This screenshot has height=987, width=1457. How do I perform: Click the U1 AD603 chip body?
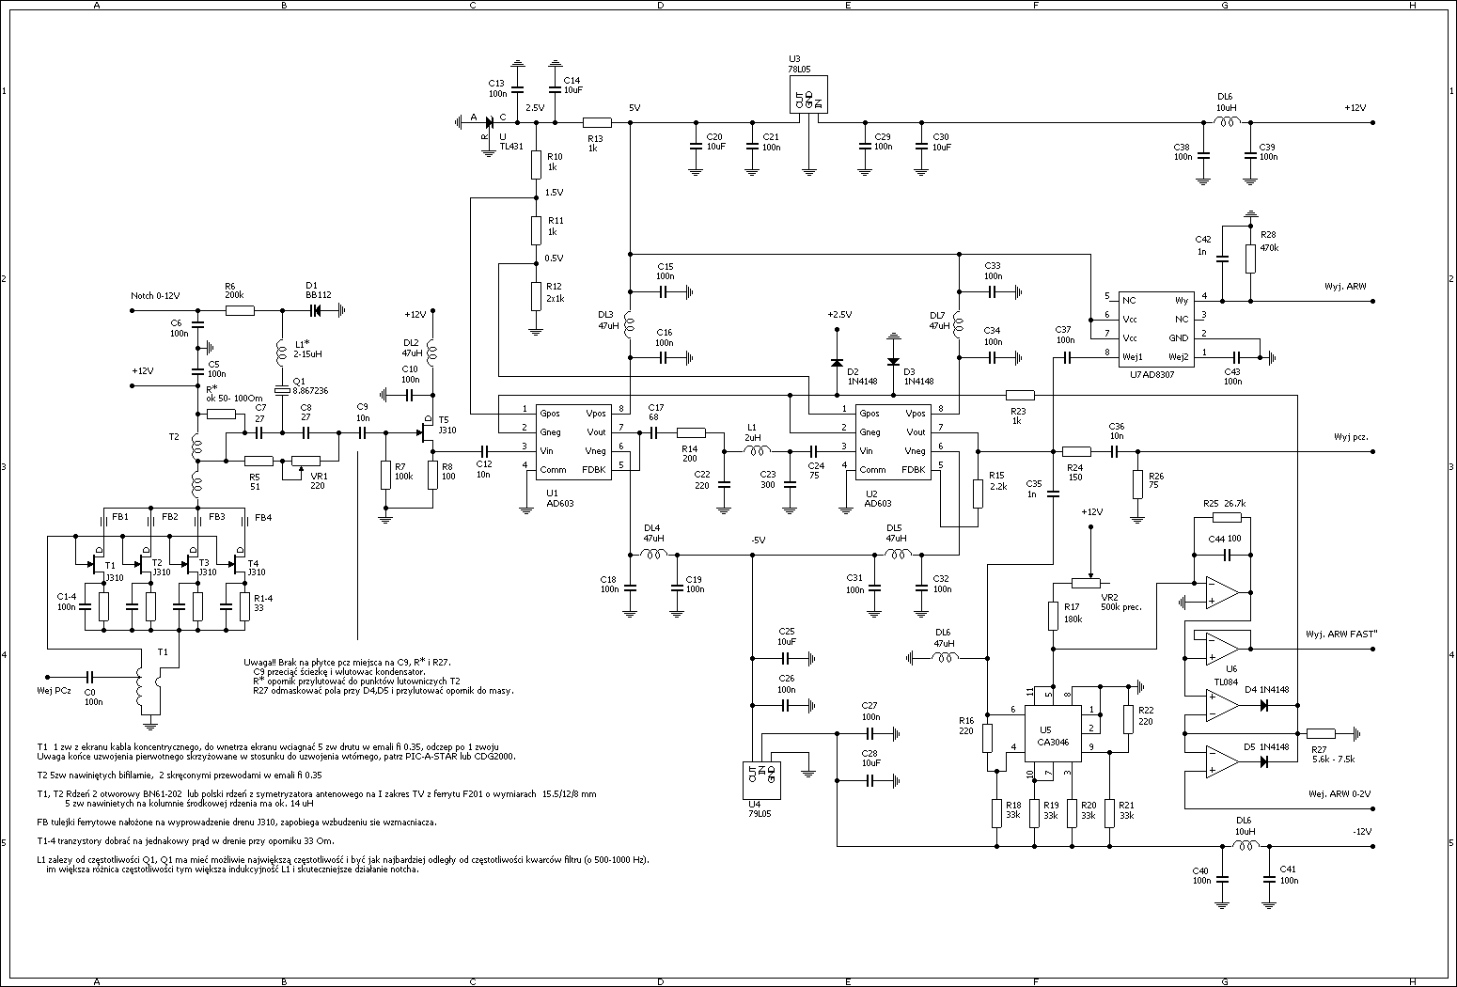click(x=573, y=441)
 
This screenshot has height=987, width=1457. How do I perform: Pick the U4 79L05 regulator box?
click(x=760, y=779)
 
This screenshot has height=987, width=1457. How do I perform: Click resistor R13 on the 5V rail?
click(x=597, y=122)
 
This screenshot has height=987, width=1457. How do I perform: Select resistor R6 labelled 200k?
click(x=240, y=309)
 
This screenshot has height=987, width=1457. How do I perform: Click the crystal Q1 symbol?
click(x=280, y=389)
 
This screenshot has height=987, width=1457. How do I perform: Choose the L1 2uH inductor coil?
click(x=757, y=451)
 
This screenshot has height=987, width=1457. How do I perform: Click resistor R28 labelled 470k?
click(x=1249, y=258)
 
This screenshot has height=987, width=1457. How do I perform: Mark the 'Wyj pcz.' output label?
click(x=1351, y=437)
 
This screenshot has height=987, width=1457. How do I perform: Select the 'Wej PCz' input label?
click(x=55, y=691)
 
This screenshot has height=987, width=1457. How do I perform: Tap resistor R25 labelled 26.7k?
click(x=1227, y=517)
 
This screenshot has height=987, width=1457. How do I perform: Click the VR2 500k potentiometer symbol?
click(x=1090, y=583)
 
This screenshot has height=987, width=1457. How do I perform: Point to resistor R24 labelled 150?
click(x=1075, y=451)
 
